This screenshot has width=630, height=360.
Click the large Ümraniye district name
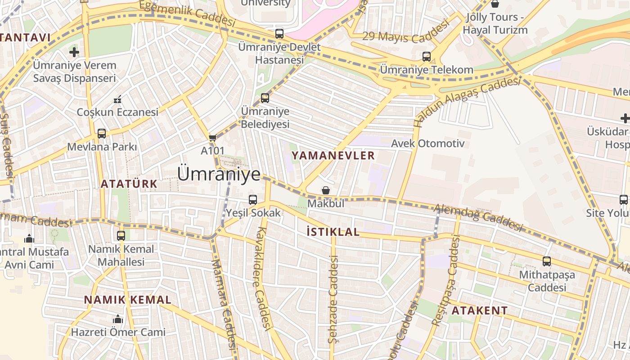[x=219, y=174]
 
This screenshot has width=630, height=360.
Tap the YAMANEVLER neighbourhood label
[x=333, y=156]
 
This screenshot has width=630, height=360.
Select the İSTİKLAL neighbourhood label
[x=333, y=232]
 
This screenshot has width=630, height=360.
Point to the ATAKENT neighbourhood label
[x=480, y=310]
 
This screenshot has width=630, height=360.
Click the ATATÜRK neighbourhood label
[x=129, y=184]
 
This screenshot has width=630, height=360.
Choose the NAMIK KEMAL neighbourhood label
[x=128, y=300]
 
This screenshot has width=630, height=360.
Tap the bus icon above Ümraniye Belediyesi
[x=265, y=98]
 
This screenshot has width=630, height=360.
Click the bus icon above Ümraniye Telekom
[x=427, y=57]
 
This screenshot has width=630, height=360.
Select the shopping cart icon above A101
[x=212, y=138]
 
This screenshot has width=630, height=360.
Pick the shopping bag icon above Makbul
[x=326, y=191]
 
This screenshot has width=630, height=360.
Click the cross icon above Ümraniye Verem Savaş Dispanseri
[x=74, y=52]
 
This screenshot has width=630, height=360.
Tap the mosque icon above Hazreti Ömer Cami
[x=118, y=319]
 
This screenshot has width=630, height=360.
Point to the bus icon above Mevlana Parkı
[x=102, y=134]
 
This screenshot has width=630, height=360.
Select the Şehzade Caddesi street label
[x=333, y=299]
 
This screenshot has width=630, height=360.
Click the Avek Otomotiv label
[x=428, y=144]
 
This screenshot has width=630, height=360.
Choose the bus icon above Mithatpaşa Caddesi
[x=547, y=261]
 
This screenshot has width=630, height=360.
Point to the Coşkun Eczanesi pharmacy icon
[x=118, y=99]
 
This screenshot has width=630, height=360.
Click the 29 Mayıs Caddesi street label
[x=406, y=32]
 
